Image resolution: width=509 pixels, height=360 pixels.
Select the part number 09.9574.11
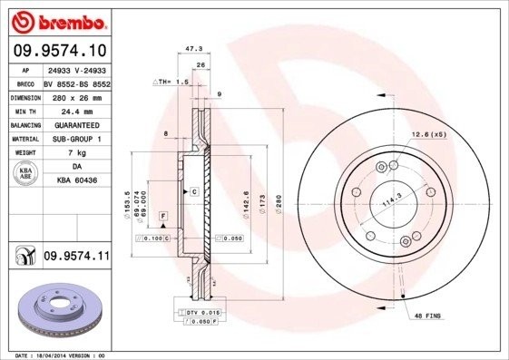click(75, 257)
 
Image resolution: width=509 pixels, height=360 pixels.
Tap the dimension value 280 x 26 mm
click(75, 96)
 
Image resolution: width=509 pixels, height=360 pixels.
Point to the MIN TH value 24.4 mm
click(75, 110)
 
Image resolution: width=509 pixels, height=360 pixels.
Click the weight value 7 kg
click(75, 153)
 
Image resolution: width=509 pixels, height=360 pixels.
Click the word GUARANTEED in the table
click(75, 124)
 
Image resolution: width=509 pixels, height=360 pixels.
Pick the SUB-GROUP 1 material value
click(75, 139)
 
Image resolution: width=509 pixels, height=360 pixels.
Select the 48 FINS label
click(427, 315)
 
